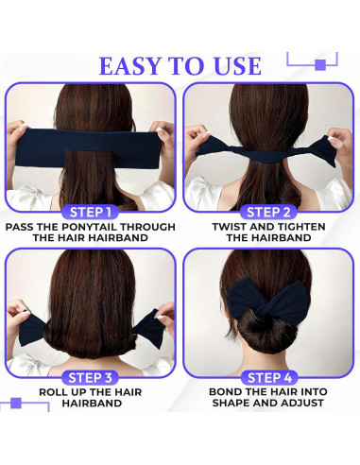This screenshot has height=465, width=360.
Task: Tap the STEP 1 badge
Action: pos(91,211)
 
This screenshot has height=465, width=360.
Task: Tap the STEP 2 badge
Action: pos(269,211)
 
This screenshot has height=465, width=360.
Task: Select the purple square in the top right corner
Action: pos(319,64)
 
